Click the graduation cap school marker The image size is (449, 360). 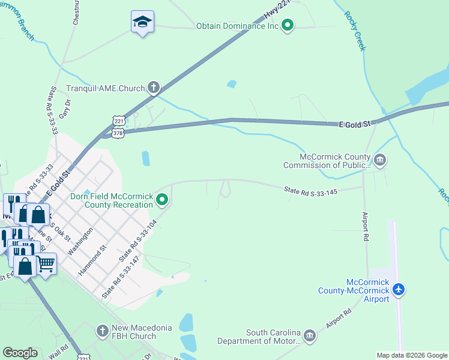pyautogui.click(x=142, y=22)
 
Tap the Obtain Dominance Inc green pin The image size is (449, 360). pyautogui.click(x=288, y=26)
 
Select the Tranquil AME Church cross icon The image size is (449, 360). pyautogui.click(x=153, y=88)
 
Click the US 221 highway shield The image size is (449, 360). pyautogui.click(x=119, y=121)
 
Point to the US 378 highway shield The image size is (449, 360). pyautogui.click(x=118, y=133)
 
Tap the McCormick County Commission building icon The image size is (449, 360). pyautogui.click(x=379, y=160)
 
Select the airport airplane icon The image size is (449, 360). pyautogui.click(x=399, y=290)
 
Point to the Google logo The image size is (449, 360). pyautogui.click(x=20, y=353)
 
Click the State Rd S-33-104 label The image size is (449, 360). pyautogui.click(x=139, y=240)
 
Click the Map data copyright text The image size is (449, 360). pyautogui.click(x=412, y=355)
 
